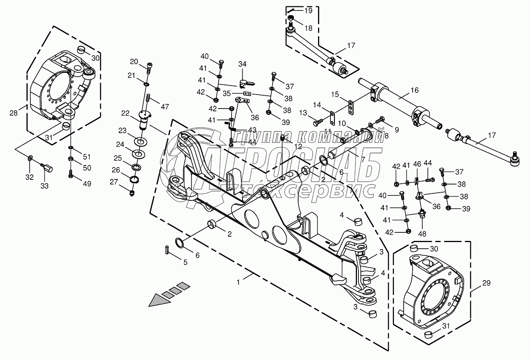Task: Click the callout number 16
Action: click(x=414, y=90)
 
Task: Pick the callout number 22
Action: click(x=125, y=113)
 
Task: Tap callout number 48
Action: click(x=422, y=234)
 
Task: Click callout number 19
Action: click(x=308, y=11)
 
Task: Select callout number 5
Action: click(x=185, y=262)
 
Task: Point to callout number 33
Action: click(x=44, y=186)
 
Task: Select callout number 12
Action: click(x=298, y=146)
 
